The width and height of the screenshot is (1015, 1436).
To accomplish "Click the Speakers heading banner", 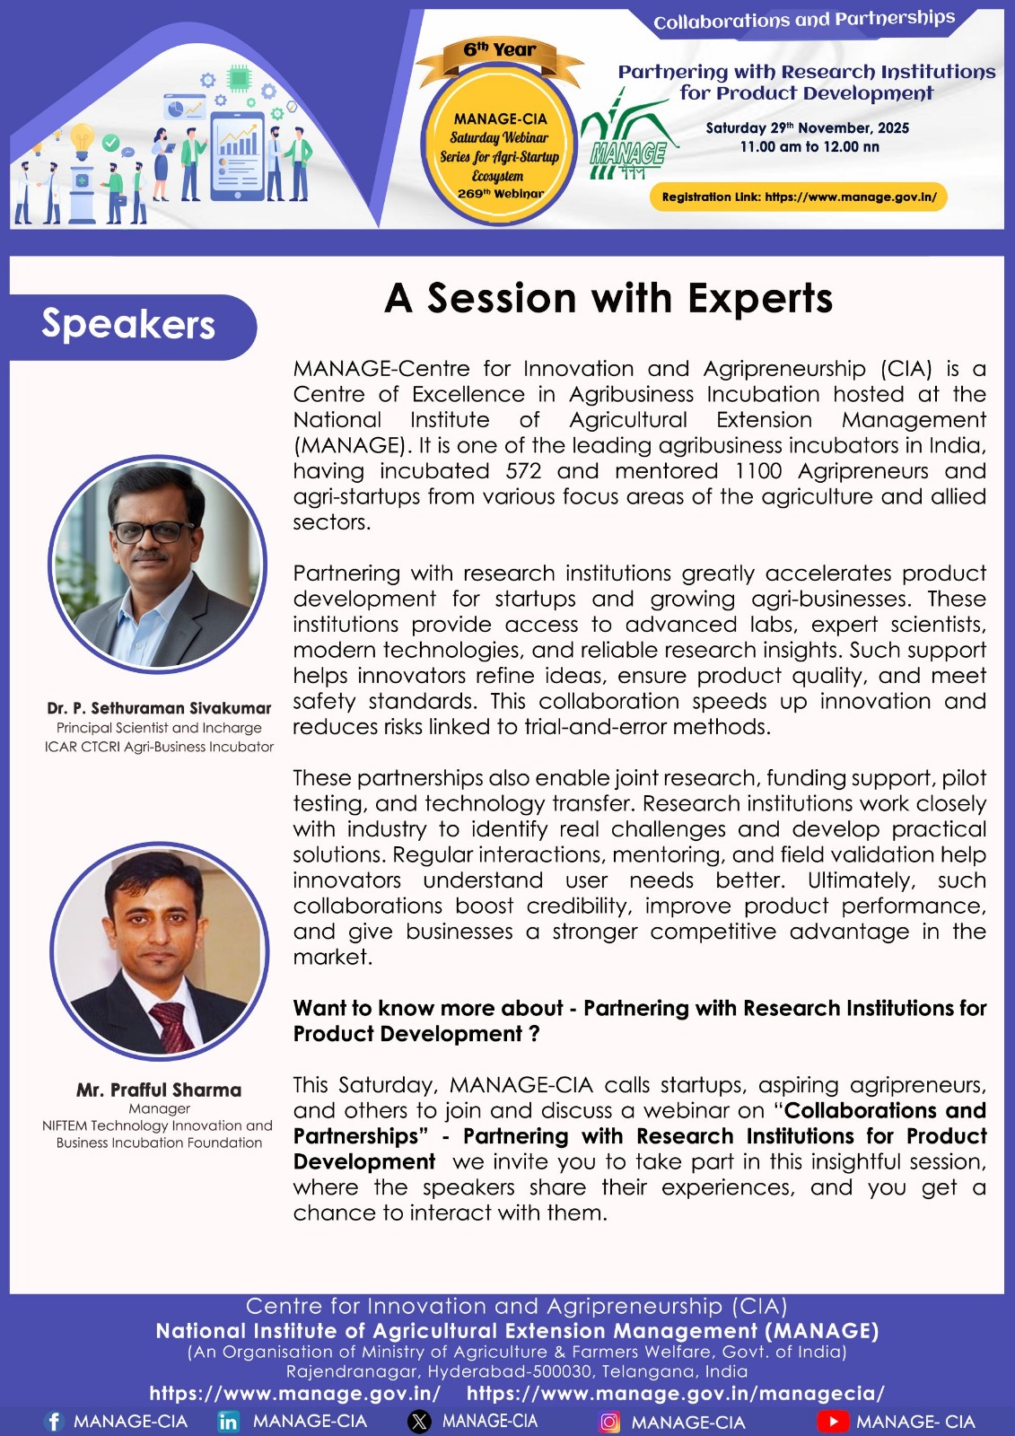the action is coord(133,327).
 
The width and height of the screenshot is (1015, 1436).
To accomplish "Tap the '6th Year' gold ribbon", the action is coord(500,57).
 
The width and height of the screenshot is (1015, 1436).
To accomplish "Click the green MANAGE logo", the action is coord(628,136).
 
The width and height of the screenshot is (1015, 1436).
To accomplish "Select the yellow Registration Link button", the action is coord(799,197).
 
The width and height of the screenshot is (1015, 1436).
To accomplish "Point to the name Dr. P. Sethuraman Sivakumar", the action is coord(159,708).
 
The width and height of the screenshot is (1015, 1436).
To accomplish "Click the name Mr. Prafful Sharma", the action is coord(159,1090).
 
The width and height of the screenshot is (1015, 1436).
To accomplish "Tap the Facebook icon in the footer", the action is coord(54,1421).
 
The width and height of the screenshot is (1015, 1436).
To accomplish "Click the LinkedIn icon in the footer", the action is coord(228,1422).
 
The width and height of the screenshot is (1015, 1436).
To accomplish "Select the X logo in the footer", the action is coord(419,1422).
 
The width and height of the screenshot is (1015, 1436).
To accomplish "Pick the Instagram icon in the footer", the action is coord(608,1422).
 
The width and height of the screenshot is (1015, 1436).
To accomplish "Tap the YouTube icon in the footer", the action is coord(833,1422).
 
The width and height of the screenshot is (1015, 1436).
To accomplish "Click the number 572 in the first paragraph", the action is coord(523,471).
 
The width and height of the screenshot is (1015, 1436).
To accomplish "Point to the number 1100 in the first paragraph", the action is coord(757,471).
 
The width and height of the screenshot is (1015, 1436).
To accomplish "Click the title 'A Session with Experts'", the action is coord(608,299).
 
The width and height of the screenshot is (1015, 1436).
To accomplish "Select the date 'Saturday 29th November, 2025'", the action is coord(808,127).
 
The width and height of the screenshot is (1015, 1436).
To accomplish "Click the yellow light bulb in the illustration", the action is coord(82,141).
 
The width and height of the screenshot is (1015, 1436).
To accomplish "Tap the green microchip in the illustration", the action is coord(239,78).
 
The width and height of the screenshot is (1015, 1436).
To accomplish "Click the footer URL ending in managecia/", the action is coord(675,1393).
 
